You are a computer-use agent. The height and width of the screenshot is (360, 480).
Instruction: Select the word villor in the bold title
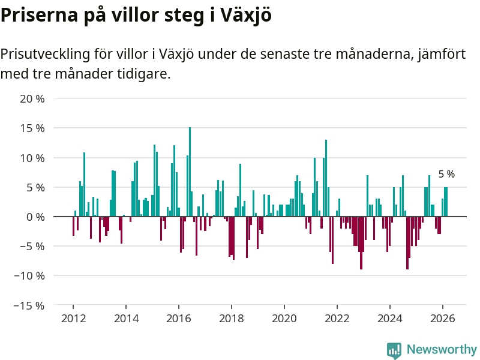tap(138, 16)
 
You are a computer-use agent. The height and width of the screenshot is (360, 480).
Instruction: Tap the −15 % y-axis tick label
tap(29, 305)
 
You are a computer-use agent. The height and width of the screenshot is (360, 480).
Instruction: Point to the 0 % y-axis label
tap(35, 217)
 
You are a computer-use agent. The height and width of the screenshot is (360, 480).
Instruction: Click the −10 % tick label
tap(29, 276)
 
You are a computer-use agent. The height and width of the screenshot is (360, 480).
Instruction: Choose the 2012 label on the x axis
tap(73, 319)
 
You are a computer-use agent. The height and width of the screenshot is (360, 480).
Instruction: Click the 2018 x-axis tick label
tap(232, 319)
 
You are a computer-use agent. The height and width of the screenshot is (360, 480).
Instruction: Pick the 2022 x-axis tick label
tap(337, 319)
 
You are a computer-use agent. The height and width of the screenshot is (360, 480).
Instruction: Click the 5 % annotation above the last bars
tap(446, 175)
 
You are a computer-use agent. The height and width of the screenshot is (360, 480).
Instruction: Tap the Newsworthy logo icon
tap(394, 350)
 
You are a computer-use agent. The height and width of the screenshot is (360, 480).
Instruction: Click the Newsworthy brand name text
tap(442, 349)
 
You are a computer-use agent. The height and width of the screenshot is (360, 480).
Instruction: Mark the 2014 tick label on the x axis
tap(126, 319)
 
